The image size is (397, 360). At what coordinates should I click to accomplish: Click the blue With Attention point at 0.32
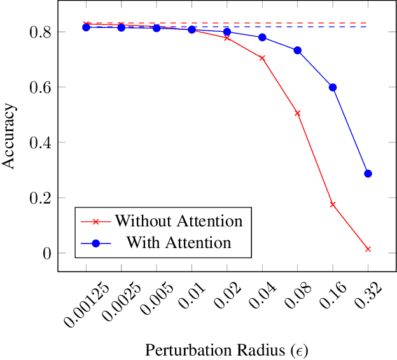click(x=368, y=174)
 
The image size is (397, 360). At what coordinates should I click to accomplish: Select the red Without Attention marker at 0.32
click(x=368, y=249)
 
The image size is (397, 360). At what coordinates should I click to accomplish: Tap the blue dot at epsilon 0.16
click(x=332, y=87)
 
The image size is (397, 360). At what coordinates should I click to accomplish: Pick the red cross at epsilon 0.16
click(x=332, y=204)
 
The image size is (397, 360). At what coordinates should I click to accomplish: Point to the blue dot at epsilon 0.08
click(x=297, y=50)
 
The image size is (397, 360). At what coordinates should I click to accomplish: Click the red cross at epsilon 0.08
click(x=297, y=113)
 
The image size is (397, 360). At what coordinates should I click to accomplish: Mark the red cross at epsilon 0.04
click(x=262, y=58)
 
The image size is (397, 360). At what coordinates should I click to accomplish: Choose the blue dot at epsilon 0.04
click(x=262, y=38)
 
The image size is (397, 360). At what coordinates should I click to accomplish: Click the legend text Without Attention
click(x=179, y=221)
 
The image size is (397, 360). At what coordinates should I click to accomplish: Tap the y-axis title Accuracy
click(x=9, y=136)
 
